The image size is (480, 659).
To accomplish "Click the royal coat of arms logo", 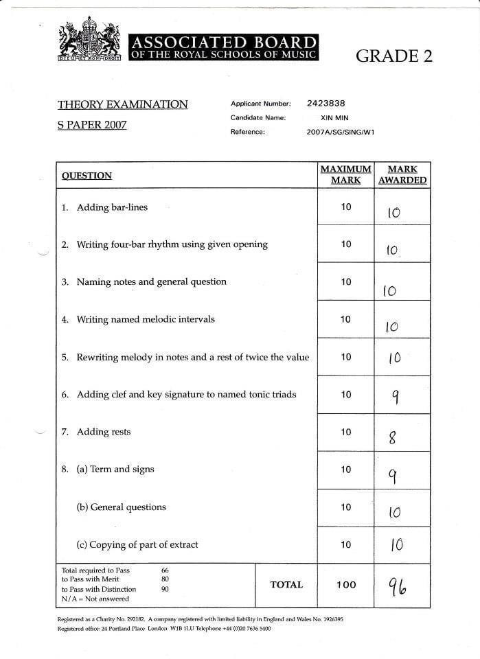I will (89, 41).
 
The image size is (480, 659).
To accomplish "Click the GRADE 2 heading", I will (393, 56).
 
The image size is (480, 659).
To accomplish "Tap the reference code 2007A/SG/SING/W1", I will (341, 132).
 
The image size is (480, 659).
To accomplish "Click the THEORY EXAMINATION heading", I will (122, 104).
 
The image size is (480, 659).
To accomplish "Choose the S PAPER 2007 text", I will (92, 126).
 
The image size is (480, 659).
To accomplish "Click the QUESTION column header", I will (87, 176).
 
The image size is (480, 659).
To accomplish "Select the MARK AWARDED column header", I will (402, 174).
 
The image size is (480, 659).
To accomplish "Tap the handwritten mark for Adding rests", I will (393, 436).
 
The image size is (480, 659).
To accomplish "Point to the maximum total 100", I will (346, 585).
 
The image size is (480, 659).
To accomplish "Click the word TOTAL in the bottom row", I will (286, 585).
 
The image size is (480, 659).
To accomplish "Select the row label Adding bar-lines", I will (112, 207).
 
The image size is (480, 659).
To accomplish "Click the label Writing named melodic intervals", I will (146, 319).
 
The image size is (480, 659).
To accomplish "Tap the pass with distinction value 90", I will (165, 589).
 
